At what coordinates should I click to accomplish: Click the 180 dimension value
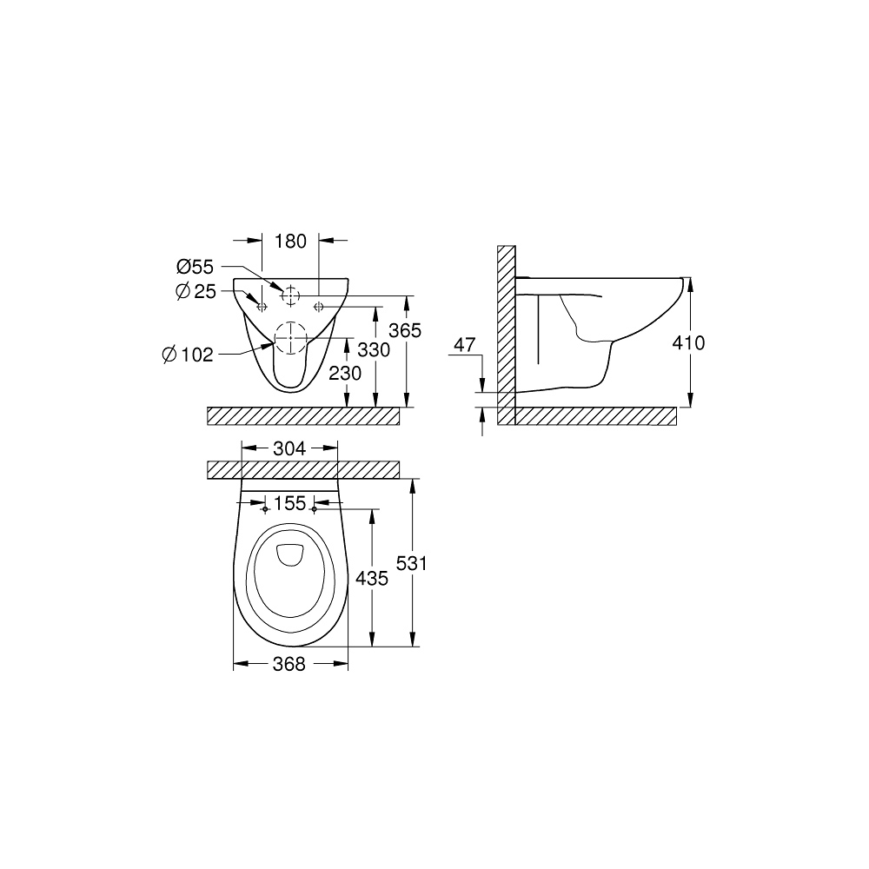tap(290, 241)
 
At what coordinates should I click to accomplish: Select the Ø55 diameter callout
tap(196, 267)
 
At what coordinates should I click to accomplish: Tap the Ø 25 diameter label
tap(196, 292)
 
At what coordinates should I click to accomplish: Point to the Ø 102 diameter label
tap(187, 354)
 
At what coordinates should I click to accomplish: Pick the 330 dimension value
tap(373, 349)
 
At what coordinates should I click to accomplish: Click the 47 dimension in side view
tap(466, 345)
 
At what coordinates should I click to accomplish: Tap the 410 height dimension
tap(689, 342)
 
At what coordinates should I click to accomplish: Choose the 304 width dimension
tap(289, 448)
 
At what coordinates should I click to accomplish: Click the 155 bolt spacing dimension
tap(289, 502)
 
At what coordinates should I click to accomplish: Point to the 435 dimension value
tap(372, 578)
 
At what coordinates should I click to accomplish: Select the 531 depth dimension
tap(412, 563)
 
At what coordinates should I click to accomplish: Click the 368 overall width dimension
tap(289, 664)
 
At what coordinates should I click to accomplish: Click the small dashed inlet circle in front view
tap(290, 296)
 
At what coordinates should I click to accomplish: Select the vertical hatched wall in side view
tap(507, 335)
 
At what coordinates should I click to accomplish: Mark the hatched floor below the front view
tap(303, 416)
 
